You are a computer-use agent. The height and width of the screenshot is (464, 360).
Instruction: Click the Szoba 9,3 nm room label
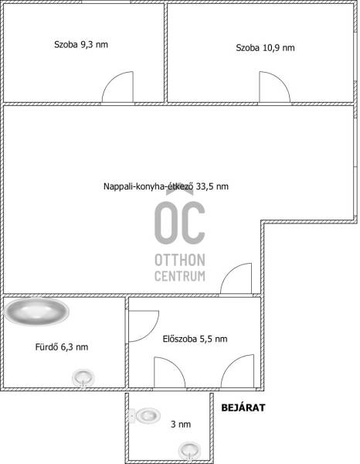[x=81, y=45]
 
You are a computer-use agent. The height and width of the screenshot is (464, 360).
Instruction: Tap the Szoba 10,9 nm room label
[x=265, y=48]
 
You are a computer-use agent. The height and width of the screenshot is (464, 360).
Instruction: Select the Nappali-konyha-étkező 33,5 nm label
[x=166, y=186]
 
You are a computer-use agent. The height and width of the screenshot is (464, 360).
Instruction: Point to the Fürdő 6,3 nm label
[x=62, y=346]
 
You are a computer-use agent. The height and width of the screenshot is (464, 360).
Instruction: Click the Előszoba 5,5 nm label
[x=195, y=339]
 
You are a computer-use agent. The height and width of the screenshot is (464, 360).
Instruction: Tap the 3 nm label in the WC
[x=181, y=425]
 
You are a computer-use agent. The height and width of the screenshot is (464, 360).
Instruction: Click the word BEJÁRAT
[x=243, y=408]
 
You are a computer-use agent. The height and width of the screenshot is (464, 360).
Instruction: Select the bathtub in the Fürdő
[x=36, y=312]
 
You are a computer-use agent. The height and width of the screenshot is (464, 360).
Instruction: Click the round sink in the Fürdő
[x=83, y=378]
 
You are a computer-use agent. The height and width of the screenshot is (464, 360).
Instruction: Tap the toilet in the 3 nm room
[x=145, y=415]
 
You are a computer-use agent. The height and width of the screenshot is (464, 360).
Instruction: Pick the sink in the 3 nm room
[x=190, y=451]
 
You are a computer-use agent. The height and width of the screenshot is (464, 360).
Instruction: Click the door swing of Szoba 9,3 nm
[x=117, y=87]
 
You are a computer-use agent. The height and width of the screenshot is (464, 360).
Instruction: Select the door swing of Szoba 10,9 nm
[x=274, y=87]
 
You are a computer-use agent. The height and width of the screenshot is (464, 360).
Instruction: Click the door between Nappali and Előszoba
[x=236, y=278]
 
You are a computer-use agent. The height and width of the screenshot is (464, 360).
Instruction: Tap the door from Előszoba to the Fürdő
[x=144, y=326]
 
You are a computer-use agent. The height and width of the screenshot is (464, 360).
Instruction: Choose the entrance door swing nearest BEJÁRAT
[x=238, y=370]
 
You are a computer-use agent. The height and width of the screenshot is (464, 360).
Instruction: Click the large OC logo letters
[x=180, y=220]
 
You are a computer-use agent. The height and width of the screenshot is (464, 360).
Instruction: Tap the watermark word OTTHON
[x=180, y=260]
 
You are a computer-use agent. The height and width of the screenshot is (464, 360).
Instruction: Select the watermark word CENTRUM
[x=180, y=276]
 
